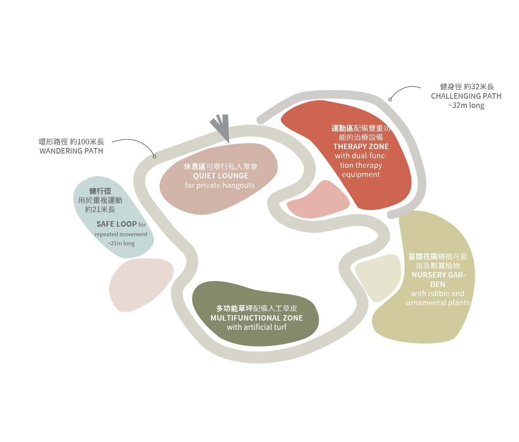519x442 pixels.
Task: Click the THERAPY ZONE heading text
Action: pyautogui.click(x=361, y=147)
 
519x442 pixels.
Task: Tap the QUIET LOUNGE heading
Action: pyautogui.click(x=221, y=176)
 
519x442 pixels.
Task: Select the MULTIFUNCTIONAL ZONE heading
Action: pyautogui.click(x=257, y=318)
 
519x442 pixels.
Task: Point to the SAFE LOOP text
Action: pyautogui.click(x=116, y=224)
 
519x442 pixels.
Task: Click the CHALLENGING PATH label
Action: pyautogui.click(x=466, y=96)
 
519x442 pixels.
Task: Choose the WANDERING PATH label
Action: pyautogui.click(x=71, y=151)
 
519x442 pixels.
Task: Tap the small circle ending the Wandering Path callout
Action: pyautogui.click(x=154, y=156)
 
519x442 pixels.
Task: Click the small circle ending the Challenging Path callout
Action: pyautogui.click(x=390, y=99)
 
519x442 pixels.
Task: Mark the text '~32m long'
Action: pyautogui.click(x=466, y=105)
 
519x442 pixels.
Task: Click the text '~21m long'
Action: pyautogui.click(x=121, y=243)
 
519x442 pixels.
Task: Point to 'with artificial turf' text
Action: pyautogui.click(x=257, y=327)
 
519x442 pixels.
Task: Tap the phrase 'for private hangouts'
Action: pyautogui.click(x=220, y=185)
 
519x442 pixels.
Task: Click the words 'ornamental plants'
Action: pyautogui.click(x=438, y=303)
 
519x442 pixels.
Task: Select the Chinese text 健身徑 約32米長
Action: pyautogui.click(x=467, y=87)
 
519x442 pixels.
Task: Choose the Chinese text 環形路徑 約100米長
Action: pyautogui.click(x=71, y=142)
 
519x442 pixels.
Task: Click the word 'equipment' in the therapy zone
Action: pyautogui.click(x=361, y=174)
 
